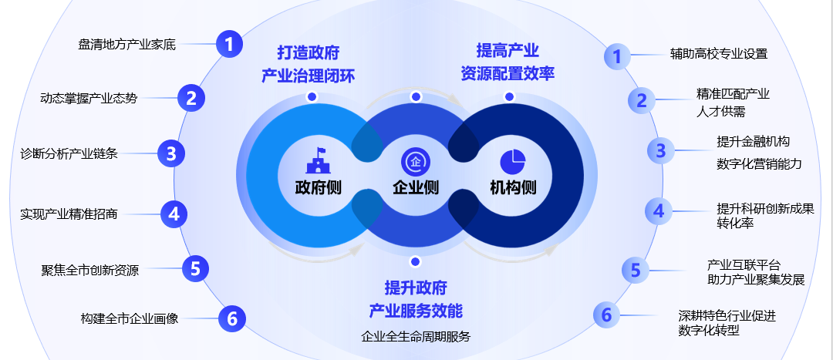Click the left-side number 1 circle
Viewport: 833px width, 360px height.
[229, 44]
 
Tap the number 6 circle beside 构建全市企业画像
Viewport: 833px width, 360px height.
[231, 318]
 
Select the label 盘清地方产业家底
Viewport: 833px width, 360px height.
[127, 45]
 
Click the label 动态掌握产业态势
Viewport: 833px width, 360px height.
[89, 98]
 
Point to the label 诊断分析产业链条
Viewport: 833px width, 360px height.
[69, 153]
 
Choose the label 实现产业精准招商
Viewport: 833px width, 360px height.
[69, 214]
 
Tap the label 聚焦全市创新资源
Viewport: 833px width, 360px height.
[90, 270]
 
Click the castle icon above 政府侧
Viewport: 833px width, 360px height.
[318, 161]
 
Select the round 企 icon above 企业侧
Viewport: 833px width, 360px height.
[416, 162]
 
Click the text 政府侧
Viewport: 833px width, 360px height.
[318, 187]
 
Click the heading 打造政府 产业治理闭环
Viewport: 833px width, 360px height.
[308, 64]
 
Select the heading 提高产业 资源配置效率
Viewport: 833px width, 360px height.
[508, 62]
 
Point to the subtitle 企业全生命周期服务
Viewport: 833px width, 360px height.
[416, 336]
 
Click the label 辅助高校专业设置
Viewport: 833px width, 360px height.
[719, 54]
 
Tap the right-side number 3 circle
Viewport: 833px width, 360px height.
[659, 151]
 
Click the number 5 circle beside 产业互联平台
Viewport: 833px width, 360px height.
[635, 270]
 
